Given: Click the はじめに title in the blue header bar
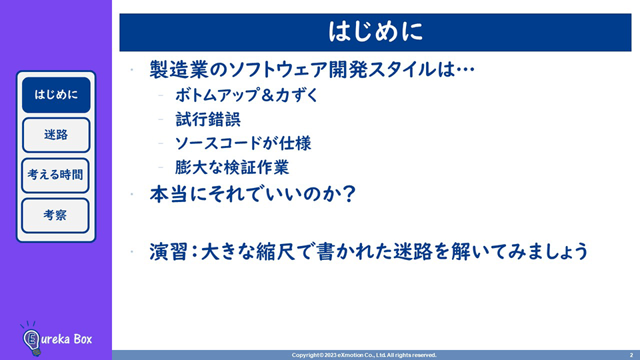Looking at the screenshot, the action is (375, 32).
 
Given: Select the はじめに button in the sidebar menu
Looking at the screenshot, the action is (56, 95).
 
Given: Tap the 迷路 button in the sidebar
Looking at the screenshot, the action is (56, 135).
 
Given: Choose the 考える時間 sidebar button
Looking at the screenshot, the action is (55, 175).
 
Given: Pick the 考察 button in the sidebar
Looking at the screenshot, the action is (55, 215).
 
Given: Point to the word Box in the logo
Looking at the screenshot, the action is (83, 339).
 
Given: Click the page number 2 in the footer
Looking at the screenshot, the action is (631, 355).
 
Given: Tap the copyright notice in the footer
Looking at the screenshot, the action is (364, 355).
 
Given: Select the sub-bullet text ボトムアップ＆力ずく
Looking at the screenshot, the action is (247, 95).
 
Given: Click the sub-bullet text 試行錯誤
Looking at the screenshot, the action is (208, 119).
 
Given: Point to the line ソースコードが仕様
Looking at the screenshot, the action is (243, 143).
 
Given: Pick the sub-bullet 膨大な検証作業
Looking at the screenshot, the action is (232, 167).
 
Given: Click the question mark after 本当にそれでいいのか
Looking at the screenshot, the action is (349, 193).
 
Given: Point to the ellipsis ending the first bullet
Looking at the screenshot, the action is (465, 70).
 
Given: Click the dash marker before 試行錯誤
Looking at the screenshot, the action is (161, 119).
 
